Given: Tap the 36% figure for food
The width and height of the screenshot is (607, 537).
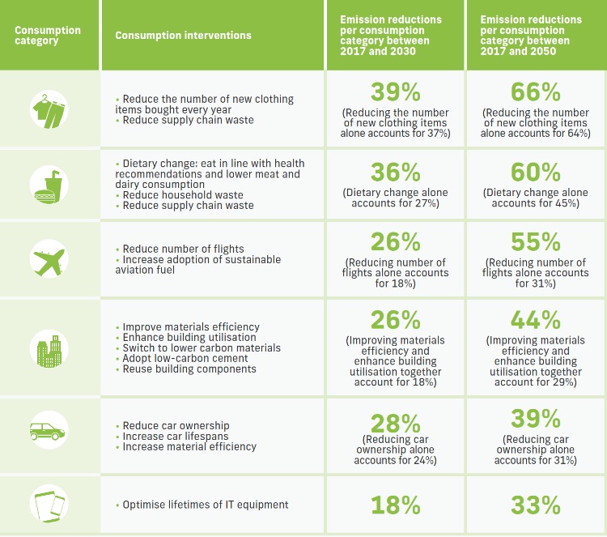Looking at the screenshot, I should pyautogui.click(x=395, y=172).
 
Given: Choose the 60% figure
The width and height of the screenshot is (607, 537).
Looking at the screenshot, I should pyautogui.click(x=536, y=172).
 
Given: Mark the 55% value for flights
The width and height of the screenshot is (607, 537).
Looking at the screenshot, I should pyautogui.click(x=536, y=243).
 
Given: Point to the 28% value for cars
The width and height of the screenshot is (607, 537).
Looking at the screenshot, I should pyautogui.click(x=395, y=423).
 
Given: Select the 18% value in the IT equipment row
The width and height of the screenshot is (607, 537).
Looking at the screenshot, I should pyautogui.click(x=395, y=505).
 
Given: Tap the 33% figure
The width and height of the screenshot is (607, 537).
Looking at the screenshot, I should pyautogui.click(x=536, y=505).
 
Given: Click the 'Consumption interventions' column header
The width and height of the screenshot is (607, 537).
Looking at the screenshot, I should pyautogui.click(x=183, y=36).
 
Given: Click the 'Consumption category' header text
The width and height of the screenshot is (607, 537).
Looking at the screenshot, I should pyautogui.click(x=48, y=36).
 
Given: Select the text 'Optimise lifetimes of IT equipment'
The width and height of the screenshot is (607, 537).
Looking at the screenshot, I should pyautogui.click(x=205, y=505).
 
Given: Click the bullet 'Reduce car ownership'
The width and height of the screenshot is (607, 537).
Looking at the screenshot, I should pyautogui.click(x=176, y=426).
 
